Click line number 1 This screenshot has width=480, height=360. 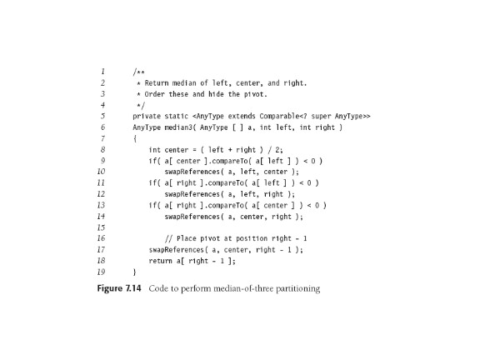102,72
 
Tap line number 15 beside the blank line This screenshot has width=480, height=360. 101,227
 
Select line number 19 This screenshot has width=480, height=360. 101,272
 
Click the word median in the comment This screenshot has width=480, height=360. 184,83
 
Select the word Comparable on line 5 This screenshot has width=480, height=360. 279,116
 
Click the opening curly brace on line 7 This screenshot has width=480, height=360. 135,138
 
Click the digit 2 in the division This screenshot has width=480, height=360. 277,150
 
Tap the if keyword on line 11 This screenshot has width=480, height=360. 152,182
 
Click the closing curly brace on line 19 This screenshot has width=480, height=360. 135,272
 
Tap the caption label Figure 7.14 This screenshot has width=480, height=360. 119,288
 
